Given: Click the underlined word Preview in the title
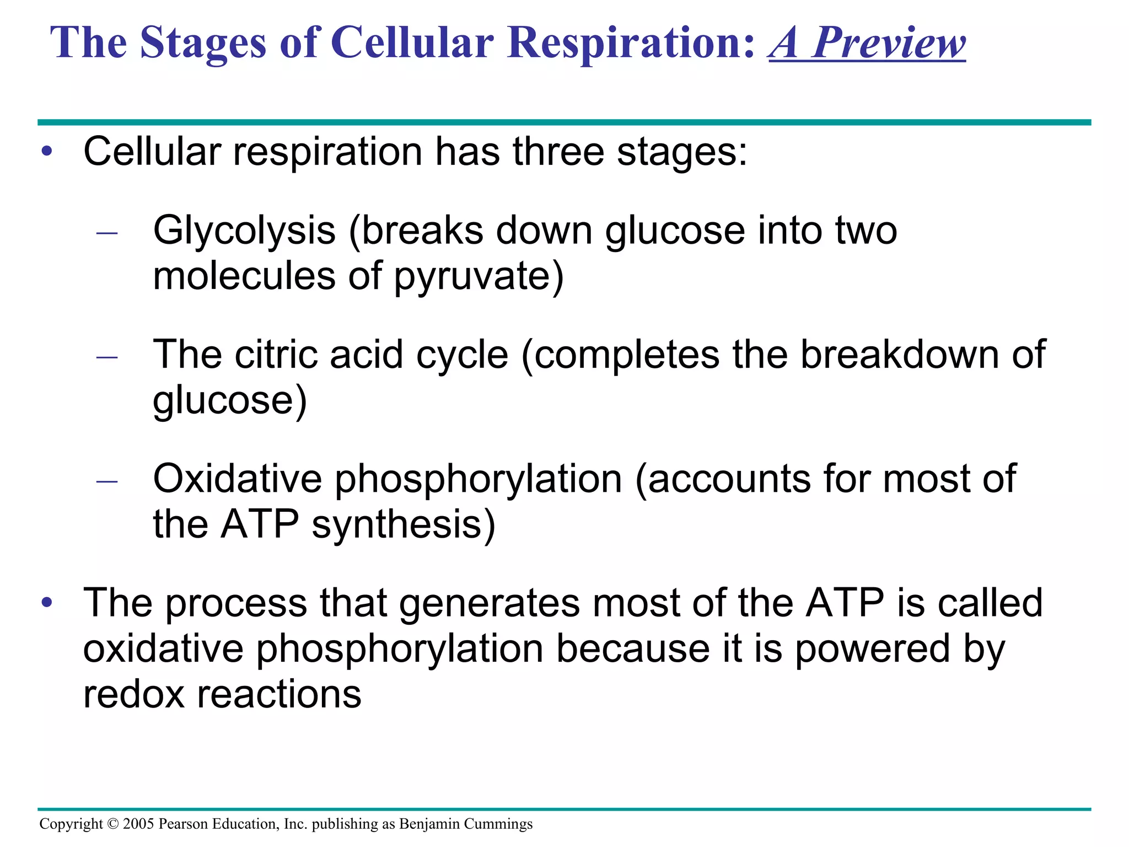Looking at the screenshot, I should [x=889, y=43].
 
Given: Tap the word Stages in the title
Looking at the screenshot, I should [x=203, y=43].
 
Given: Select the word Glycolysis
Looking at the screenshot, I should [x=244, y=230].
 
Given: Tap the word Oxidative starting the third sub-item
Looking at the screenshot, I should [x=237, y=478].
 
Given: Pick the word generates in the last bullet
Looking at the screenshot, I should [x=490, y=603].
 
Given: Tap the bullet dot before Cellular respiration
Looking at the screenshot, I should [x=47, y=151].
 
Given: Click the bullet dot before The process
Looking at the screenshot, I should [x=47, y=602].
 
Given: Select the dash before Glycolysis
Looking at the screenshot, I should [x=107, y=233].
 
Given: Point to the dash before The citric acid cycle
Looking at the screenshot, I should [x=107, y=357].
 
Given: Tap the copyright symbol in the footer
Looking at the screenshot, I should [x=112, y=824].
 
